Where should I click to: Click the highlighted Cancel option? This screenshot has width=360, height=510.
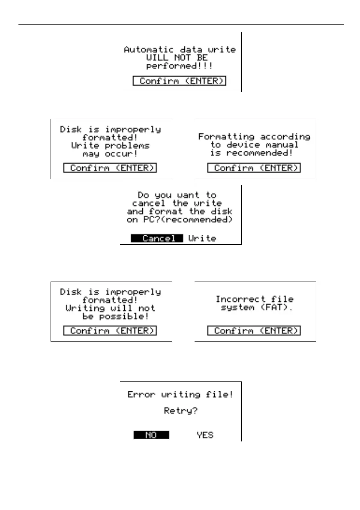tap(157, 238)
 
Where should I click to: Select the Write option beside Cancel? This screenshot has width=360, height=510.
tap(202, 238)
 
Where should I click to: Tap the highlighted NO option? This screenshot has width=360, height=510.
tap(151, 435)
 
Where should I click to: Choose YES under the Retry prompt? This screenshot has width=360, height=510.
tap(205, 435)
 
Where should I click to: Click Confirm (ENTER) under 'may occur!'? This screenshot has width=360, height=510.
tap(110, 168)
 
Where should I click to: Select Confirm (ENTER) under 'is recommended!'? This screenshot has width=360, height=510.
tap(254, 168)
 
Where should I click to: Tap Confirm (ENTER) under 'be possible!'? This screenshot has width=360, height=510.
tap(110, 330)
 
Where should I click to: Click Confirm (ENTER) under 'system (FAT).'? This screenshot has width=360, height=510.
tap(254, 330)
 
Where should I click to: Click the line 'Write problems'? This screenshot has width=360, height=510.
tap(111, 145)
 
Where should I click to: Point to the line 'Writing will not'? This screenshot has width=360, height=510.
tap(111, 308)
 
